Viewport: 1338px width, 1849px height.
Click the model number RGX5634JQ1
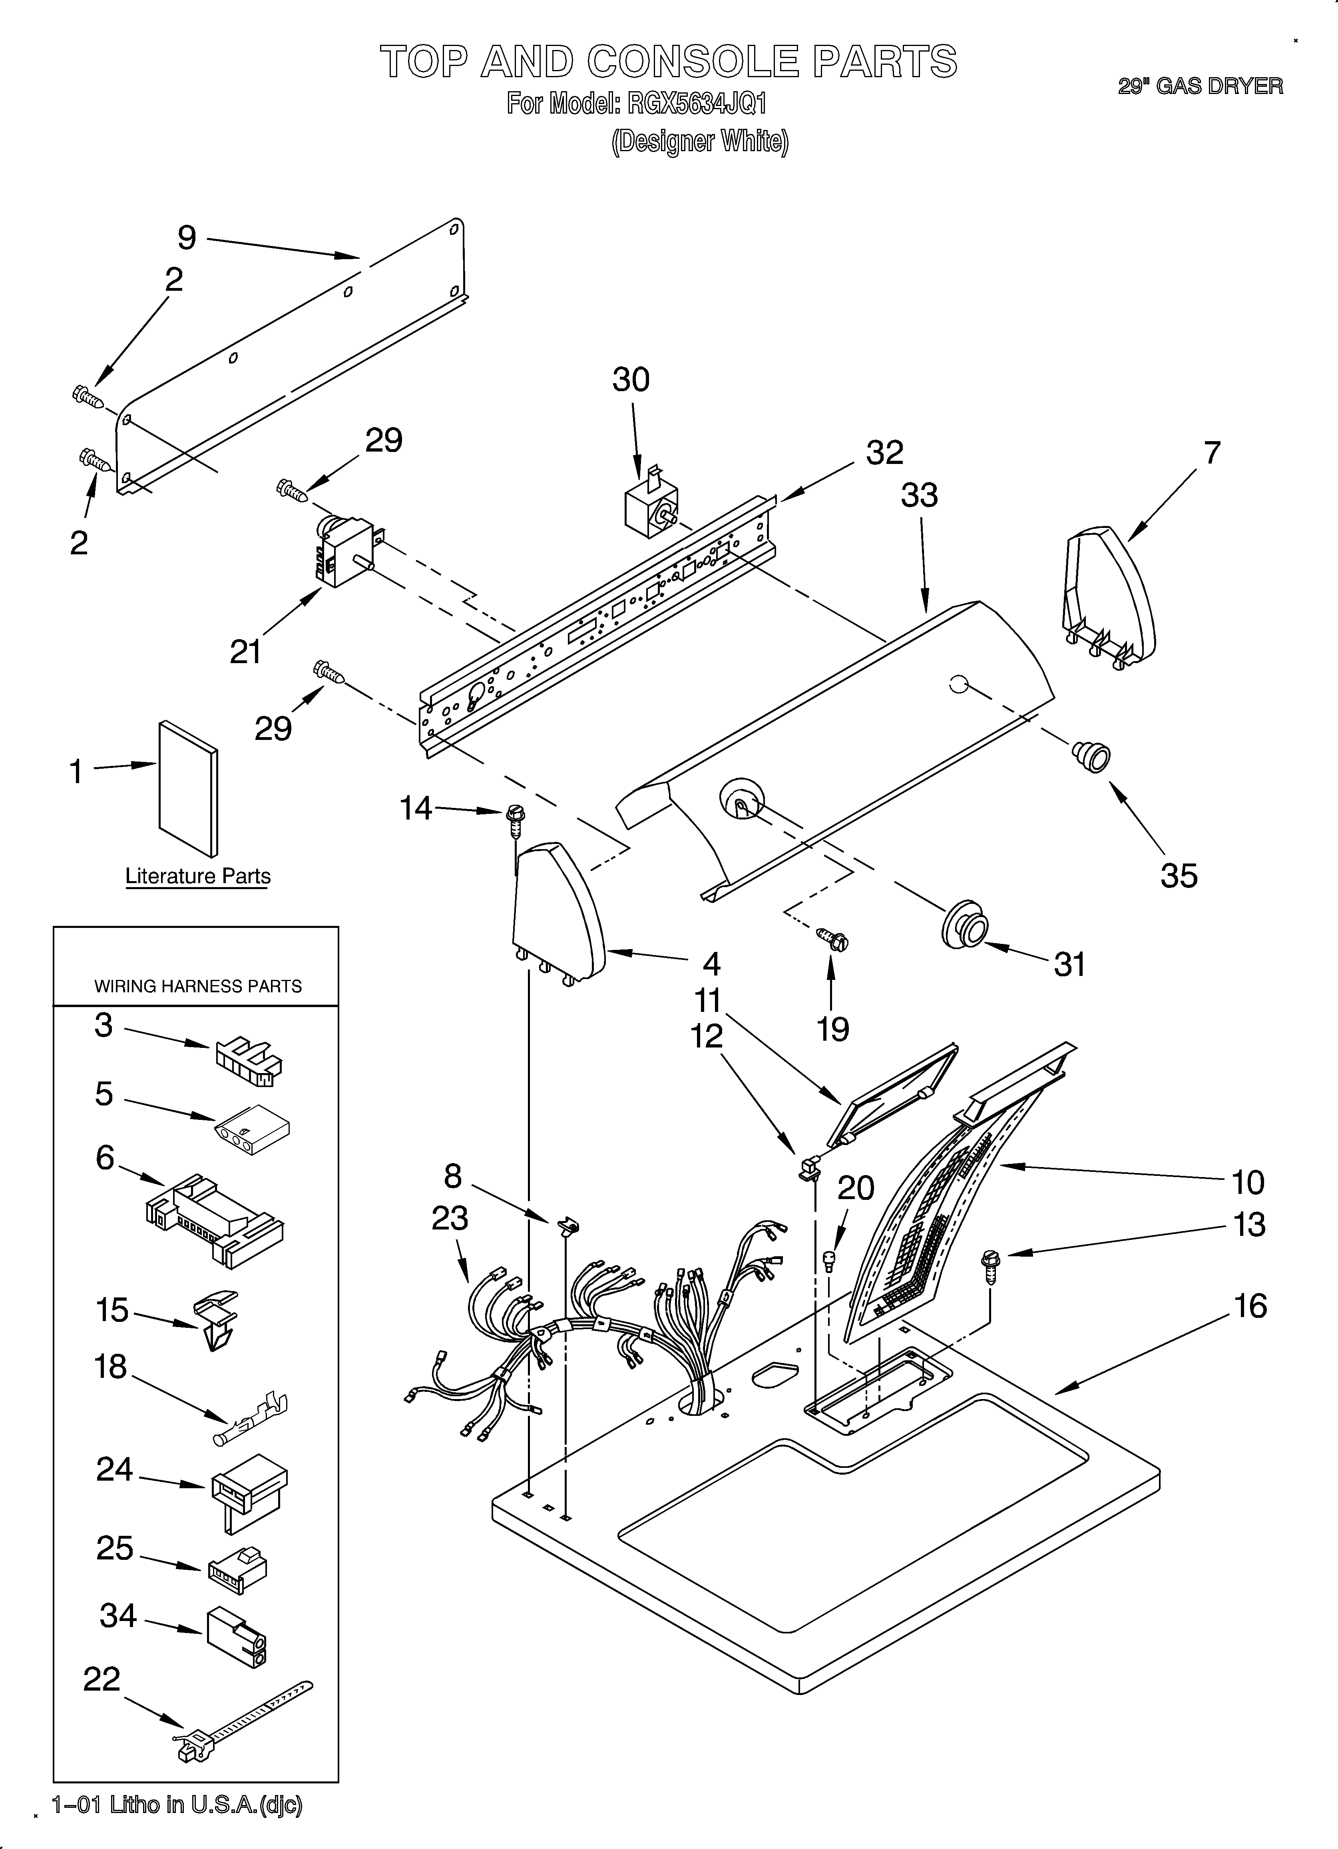click(697, 104)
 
